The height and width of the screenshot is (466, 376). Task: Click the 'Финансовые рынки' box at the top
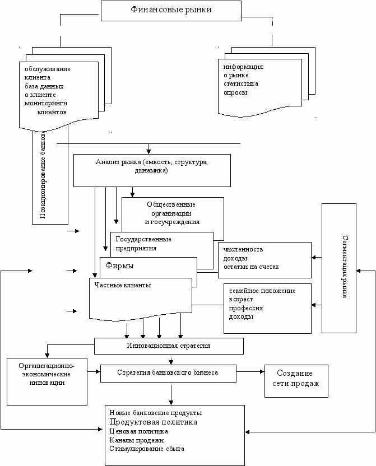(171, 11)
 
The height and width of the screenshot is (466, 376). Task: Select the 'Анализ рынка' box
(152, 170)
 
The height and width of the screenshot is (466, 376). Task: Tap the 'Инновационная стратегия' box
(169, 346)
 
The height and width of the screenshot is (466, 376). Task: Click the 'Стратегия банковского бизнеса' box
(168, 373)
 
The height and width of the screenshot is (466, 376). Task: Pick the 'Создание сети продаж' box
(296, 381)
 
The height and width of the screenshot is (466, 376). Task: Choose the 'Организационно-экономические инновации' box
(47, 381)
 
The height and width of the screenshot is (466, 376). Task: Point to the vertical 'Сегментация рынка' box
(339, 268)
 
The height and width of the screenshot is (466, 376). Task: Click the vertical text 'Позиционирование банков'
(43, 175)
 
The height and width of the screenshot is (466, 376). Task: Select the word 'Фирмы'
(119, 265)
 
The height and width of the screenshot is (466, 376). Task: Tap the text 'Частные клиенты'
(123, 285)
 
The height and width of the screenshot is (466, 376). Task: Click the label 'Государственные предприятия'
(143, 244)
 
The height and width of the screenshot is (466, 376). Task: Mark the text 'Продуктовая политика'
(153, 422)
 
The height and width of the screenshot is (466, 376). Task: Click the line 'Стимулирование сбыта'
(147, 449)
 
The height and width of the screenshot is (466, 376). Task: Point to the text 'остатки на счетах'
(251, 267)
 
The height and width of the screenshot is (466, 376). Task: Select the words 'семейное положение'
(262, 291)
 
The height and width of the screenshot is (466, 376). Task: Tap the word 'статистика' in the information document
(241, 84)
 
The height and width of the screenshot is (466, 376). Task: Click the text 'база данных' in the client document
(44, 86)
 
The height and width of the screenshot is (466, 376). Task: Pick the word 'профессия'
(246, 309)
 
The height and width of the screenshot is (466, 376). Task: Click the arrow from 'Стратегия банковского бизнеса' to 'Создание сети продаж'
(250, 371)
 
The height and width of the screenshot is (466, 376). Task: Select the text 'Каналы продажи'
(136, 440)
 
